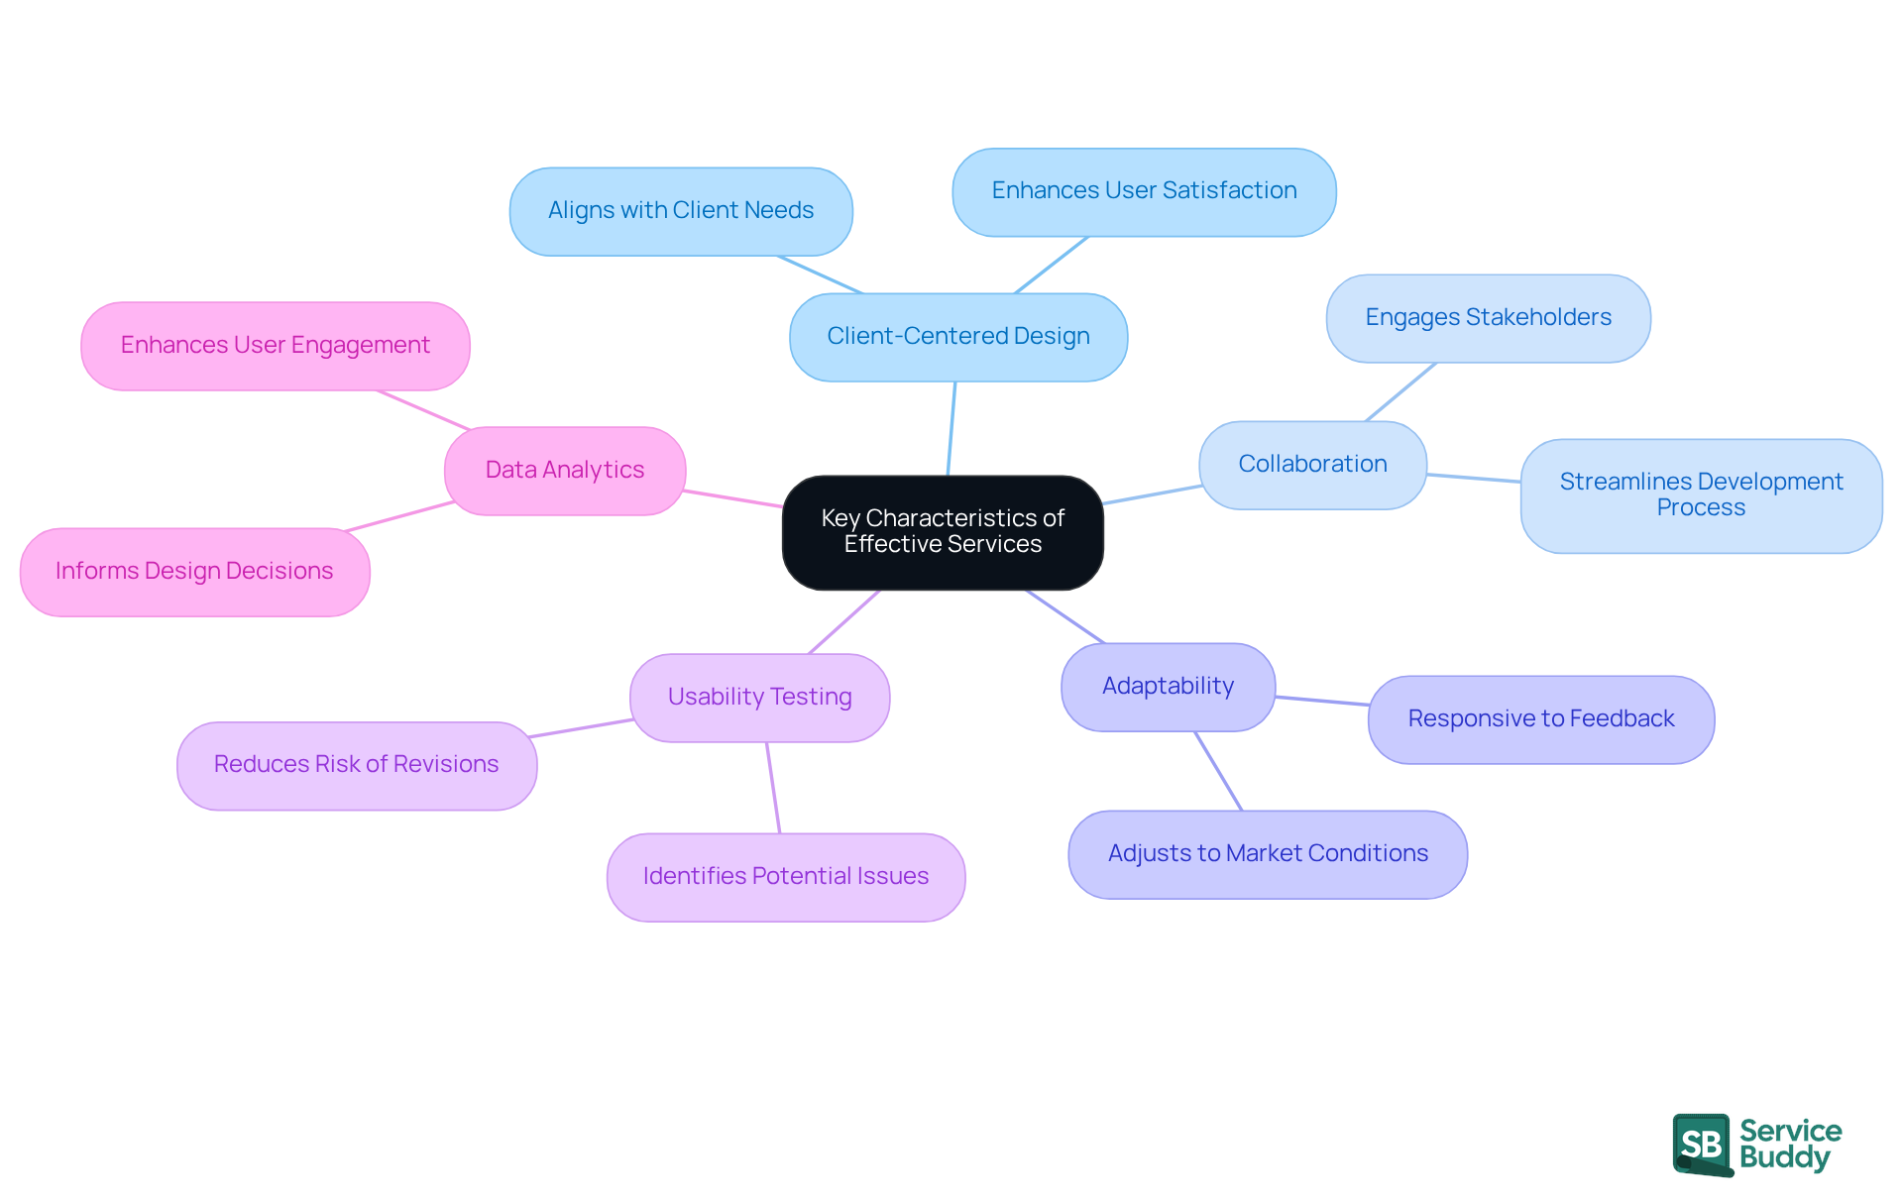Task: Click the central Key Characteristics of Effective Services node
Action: click(x=943, y=532)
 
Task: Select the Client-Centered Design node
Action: click(x=958, y=337)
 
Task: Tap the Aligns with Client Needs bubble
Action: click(x=681, y=211)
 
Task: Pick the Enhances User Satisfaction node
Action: click(x=1144, y=191)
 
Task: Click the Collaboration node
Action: click(x=1312, y=465)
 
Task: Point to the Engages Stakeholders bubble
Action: click(x=1488, y=318)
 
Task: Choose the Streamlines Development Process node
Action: click(x=1701, y=495)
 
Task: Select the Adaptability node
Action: click(x=1168, y=687)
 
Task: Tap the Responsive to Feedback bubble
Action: click(x=1540, y=719)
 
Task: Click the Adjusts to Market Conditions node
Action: click(x=1268, y=854)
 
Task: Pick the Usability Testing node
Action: click(x=759, y=698)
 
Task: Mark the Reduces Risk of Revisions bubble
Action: click(x=357, y=765)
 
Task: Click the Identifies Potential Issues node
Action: click(x=786, y=877)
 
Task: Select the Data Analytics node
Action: click(x=565, y=471)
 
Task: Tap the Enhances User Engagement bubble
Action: click(x=276, y=346)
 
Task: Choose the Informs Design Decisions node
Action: click(x=194, y=572)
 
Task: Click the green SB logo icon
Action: click(x=1702, y=1145)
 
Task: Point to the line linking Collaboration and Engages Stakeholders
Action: click(x=1400, y=392)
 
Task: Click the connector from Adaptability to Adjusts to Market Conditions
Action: click(x=1218, y=771)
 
